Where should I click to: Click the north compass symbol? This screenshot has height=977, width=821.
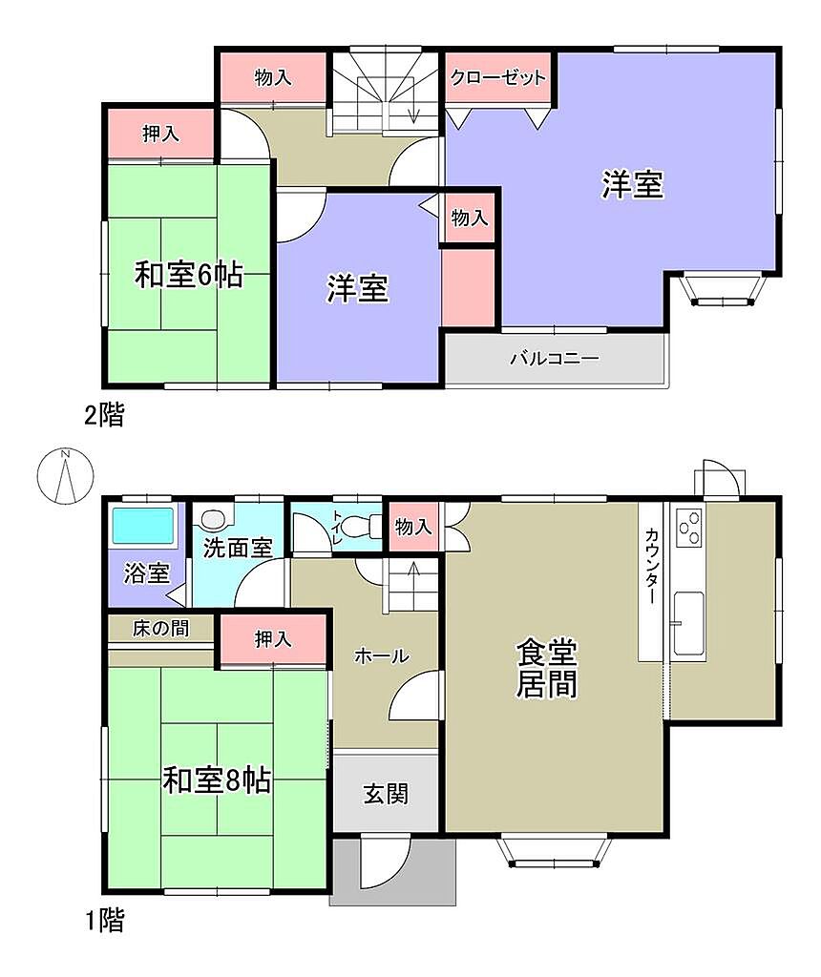coord(65,476)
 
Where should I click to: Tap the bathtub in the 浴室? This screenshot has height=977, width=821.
coord(142,527)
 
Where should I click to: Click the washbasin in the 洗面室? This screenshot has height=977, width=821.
coord(213,518)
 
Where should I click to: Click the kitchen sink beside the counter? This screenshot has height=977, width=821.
coord(689,623)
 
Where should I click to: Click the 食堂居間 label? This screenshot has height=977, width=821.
coord(547,667)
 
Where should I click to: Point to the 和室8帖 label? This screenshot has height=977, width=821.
coord(217,780)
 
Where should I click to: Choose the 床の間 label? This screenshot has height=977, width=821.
coord(160,628)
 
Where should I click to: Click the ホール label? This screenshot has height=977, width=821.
coord(382,655)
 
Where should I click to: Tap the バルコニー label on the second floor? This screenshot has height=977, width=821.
coord(555,359)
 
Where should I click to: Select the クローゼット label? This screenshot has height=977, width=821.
coord(497,77)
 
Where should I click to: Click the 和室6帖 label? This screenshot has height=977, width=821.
coord(189,275)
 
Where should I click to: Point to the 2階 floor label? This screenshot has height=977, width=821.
coord(104,415)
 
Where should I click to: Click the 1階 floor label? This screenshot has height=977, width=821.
coord(104,920)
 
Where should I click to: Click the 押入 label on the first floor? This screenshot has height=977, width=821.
coord(272,639)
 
